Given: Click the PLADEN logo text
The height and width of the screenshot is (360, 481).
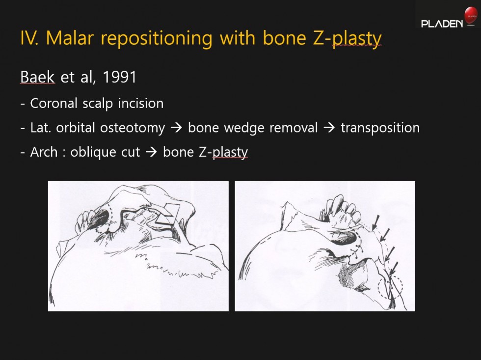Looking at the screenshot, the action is (x=442, y=24).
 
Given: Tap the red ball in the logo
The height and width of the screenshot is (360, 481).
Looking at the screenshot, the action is (x=471, y=15).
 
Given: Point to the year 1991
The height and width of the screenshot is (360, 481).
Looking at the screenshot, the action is (x=119, y=77).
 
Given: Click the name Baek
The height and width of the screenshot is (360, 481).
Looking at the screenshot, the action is (x=37, y=77).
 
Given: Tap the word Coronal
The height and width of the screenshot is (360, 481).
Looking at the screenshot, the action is (x=53, y=104).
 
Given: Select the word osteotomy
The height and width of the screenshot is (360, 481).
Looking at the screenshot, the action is (x=133, y=128).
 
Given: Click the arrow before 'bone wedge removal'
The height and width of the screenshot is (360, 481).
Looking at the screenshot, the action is (x=176, y=128).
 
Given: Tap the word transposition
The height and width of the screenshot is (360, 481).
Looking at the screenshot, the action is (x=380, y=128).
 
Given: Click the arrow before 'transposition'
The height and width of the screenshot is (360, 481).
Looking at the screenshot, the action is (x=329, y=128).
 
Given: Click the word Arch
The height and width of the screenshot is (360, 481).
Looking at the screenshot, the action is (x=44, y=152).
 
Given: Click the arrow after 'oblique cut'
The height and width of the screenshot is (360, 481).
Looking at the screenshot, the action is (x=151, y=152).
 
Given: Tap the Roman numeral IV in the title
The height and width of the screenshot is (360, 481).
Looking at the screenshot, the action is (x=29, y=38).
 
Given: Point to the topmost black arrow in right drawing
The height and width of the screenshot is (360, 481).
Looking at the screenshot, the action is (x=375, y=222).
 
